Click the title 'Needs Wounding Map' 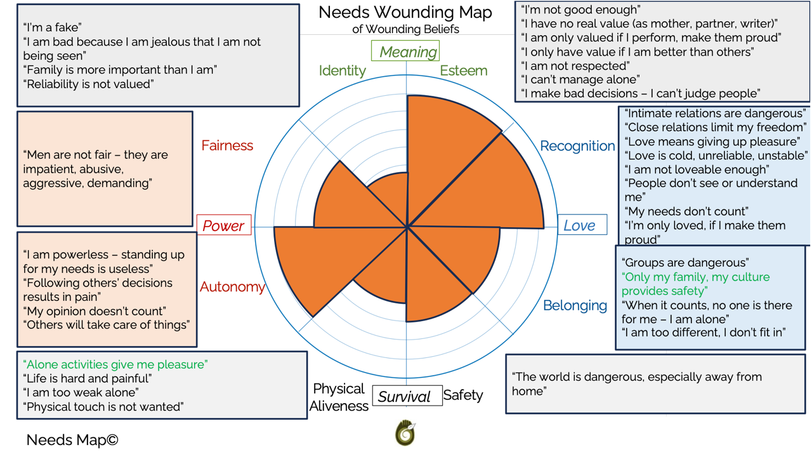[405, 12]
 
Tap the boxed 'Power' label [223, 226]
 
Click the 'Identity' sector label [342, 70]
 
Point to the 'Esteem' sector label [464, 70]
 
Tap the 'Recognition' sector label [577, 146]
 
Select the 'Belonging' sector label [575, 305]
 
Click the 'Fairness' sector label [227, 145]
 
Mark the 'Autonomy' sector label [232, 287]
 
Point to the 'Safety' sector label [463, 395]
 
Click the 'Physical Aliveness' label [339, 397]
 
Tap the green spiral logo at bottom [405, 433]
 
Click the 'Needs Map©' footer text [72, 440]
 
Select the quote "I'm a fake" [53, 27]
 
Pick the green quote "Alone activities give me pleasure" [115, 364]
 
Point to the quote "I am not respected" [575, 65]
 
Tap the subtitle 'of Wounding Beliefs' [405, 29]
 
